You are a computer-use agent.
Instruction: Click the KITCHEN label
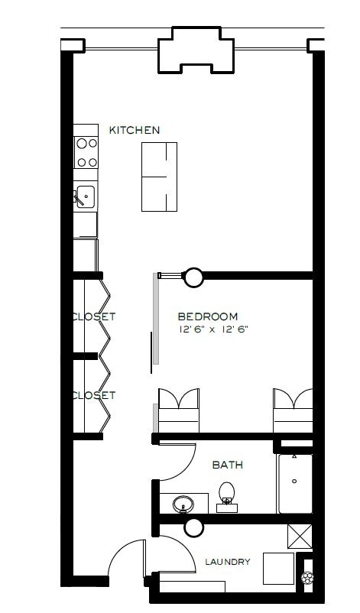(x=135, y=130)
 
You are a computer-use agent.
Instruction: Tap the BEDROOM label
(x=208, y=316)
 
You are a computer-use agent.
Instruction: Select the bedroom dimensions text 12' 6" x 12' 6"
(x=213, y=330)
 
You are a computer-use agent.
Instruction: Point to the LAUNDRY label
(x=227, y=562)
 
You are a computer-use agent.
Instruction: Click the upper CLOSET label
(x=94, y=316)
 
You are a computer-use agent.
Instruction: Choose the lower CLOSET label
(x=94, y=395)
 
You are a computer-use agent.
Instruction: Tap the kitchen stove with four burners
(x=86, y=151)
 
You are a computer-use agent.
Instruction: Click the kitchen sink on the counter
(x=85, y=197)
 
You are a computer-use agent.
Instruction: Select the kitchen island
(x=159, y=177)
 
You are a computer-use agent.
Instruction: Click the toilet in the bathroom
(x=227, y=495)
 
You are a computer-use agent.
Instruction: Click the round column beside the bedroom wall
(x=193, y=277)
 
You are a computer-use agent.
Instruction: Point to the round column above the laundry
(x=193, y=527)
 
